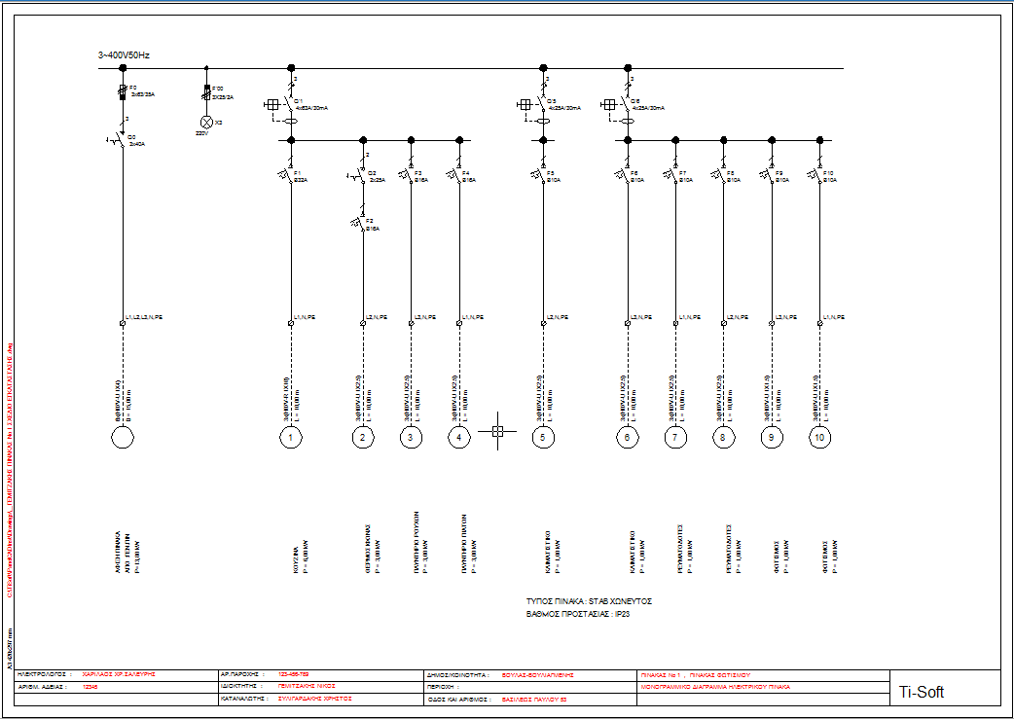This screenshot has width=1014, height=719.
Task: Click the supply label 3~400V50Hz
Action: point(124,55)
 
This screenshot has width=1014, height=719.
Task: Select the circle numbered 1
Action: point(291,438)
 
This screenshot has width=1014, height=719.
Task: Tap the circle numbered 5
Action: point(544,438)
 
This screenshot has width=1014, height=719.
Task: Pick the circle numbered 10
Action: point(819,438)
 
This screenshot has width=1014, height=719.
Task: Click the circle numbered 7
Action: point(674,438)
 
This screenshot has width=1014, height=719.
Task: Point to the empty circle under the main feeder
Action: point(123,438)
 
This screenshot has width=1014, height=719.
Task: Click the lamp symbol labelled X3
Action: point(206,123)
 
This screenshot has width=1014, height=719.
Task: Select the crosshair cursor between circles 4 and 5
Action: point(496,430)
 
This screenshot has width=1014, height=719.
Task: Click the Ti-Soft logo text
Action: point(920,693)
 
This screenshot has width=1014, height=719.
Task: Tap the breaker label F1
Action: point(296,172)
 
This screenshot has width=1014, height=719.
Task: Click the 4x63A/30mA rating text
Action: point(310,108)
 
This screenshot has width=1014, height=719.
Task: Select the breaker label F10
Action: point(828,172)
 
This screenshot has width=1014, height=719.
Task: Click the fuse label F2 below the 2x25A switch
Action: point(369,221)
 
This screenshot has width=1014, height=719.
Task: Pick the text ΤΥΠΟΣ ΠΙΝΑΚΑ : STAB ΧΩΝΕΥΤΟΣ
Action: point(588,601)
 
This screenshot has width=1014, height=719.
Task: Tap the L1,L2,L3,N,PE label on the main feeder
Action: point(144,317)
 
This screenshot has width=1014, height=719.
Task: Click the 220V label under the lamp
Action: point(201,133)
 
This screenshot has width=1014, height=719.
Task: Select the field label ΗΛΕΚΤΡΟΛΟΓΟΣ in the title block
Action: point(44,673)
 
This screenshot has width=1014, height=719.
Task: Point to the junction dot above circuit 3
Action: point(411,140)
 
